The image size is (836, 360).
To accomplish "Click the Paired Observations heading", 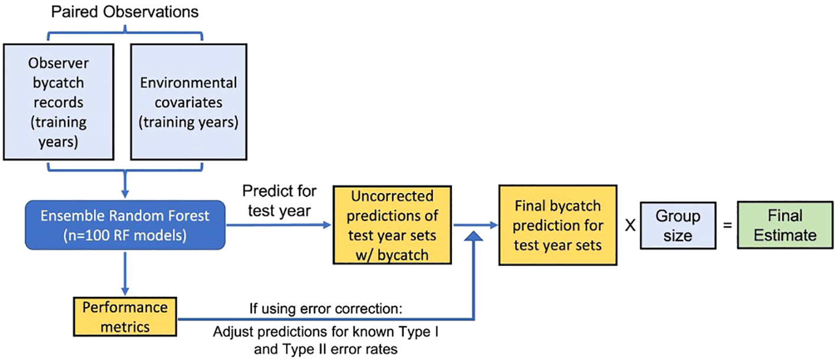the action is (x=124, y=12).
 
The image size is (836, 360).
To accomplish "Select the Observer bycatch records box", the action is (x=58, y=102).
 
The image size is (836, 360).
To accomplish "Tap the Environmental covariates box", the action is (x=188, y=102).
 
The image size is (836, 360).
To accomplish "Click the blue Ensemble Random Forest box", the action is (x=125, y=225).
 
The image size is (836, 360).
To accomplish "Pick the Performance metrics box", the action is (x=125, y=317).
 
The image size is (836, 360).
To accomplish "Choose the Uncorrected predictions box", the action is (x=392, y=225).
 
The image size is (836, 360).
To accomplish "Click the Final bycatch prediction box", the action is (x=558, y=225).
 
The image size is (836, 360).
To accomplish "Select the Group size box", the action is (x=678, y=225).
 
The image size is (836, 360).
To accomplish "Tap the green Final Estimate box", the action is (x=785, y=225).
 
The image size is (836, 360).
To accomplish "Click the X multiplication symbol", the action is (x=630, y=225).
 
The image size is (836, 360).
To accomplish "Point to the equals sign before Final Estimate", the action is (x=727, y=225).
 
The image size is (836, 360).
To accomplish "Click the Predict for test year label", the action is (x=279, y=201).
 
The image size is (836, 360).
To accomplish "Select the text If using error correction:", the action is (x=326, y=309).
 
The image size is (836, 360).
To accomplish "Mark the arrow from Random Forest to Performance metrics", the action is (x=125, y=274).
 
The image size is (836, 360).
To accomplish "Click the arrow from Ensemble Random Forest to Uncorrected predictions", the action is (x=279, y=225).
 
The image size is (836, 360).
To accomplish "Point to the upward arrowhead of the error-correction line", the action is (x=474, y=236).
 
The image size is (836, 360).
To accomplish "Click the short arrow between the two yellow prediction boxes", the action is (x=476, y=225).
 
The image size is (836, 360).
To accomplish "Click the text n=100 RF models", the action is (x=125, y=235).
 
